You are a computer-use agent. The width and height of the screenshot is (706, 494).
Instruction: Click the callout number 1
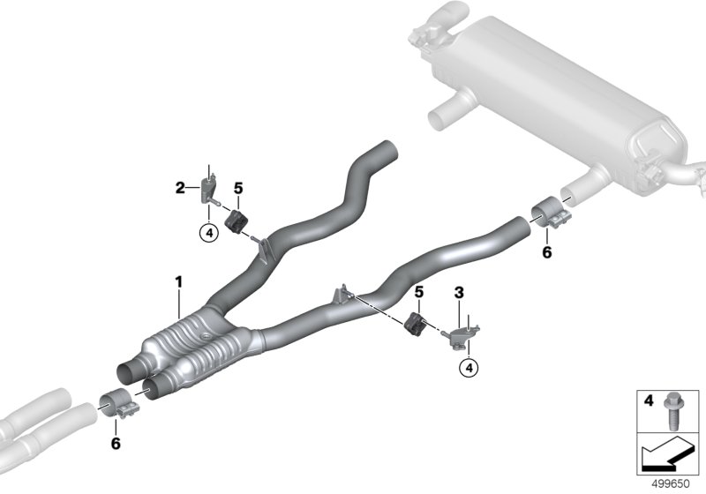pos(179,282)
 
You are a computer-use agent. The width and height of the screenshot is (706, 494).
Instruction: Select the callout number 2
pos(180,188)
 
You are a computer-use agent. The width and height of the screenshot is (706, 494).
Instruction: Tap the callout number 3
pos(459,293)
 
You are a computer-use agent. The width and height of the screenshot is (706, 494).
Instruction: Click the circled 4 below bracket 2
pos(209,233)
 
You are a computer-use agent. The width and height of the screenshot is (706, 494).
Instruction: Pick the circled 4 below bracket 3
pos(469,368)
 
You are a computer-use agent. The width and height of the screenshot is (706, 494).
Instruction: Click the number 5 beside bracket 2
pos(238,188)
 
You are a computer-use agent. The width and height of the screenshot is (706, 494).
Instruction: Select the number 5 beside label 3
pos(419,293)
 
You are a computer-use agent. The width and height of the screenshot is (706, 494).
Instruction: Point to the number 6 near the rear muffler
pos(547,252)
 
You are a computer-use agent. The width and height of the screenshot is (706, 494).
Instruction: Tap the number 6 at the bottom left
pos(116,444)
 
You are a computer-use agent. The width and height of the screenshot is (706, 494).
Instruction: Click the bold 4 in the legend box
pos(649,400)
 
